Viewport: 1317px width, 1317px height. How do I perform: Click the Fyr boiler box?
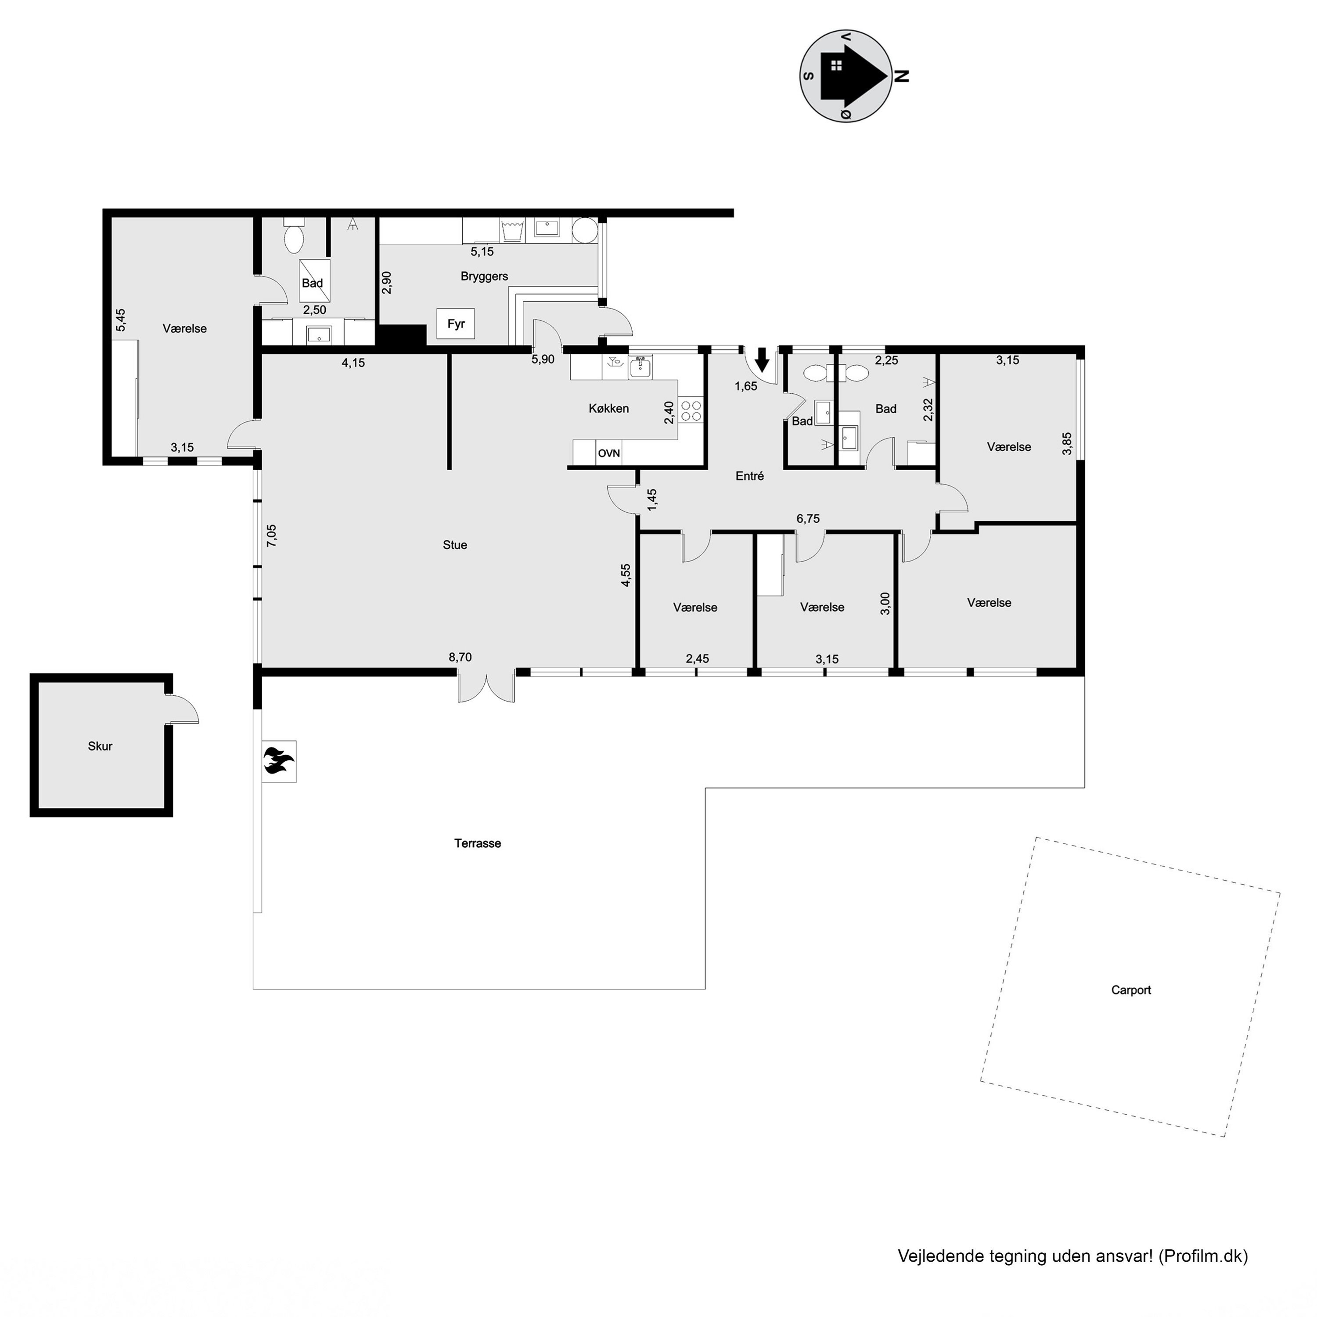tap(455, 324)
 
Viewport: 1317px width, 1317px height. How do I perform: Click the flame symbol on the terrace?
tap(278, 761)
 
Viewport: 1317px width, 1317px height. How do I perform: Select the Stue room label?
tap(455, 545)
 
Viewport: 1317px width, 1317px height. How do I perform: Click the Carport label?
tap(1131, 990)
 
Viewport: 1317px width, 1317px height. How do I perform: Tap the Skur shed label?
tap(100, 746)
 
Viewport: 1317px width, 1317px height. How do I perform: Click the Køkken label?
tap(609, 408)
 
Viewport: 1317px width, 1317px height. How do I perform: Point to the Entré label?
tap(749, 476)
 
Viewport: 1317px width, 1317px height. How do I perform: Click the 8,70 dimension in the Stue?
tap(460, 657)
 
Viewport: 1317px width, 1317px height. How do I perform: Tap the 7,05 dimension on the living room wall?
tap(271, 535)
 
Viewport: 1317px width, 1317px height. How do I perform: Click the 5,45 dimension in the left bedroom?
tap(121, 320)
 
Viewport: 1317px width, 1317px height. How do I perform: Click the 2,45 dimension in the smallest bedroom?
tap(698, 658)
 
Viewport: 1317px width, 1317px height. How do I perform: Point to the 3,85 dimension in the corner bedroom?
tap(1067, 444)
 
